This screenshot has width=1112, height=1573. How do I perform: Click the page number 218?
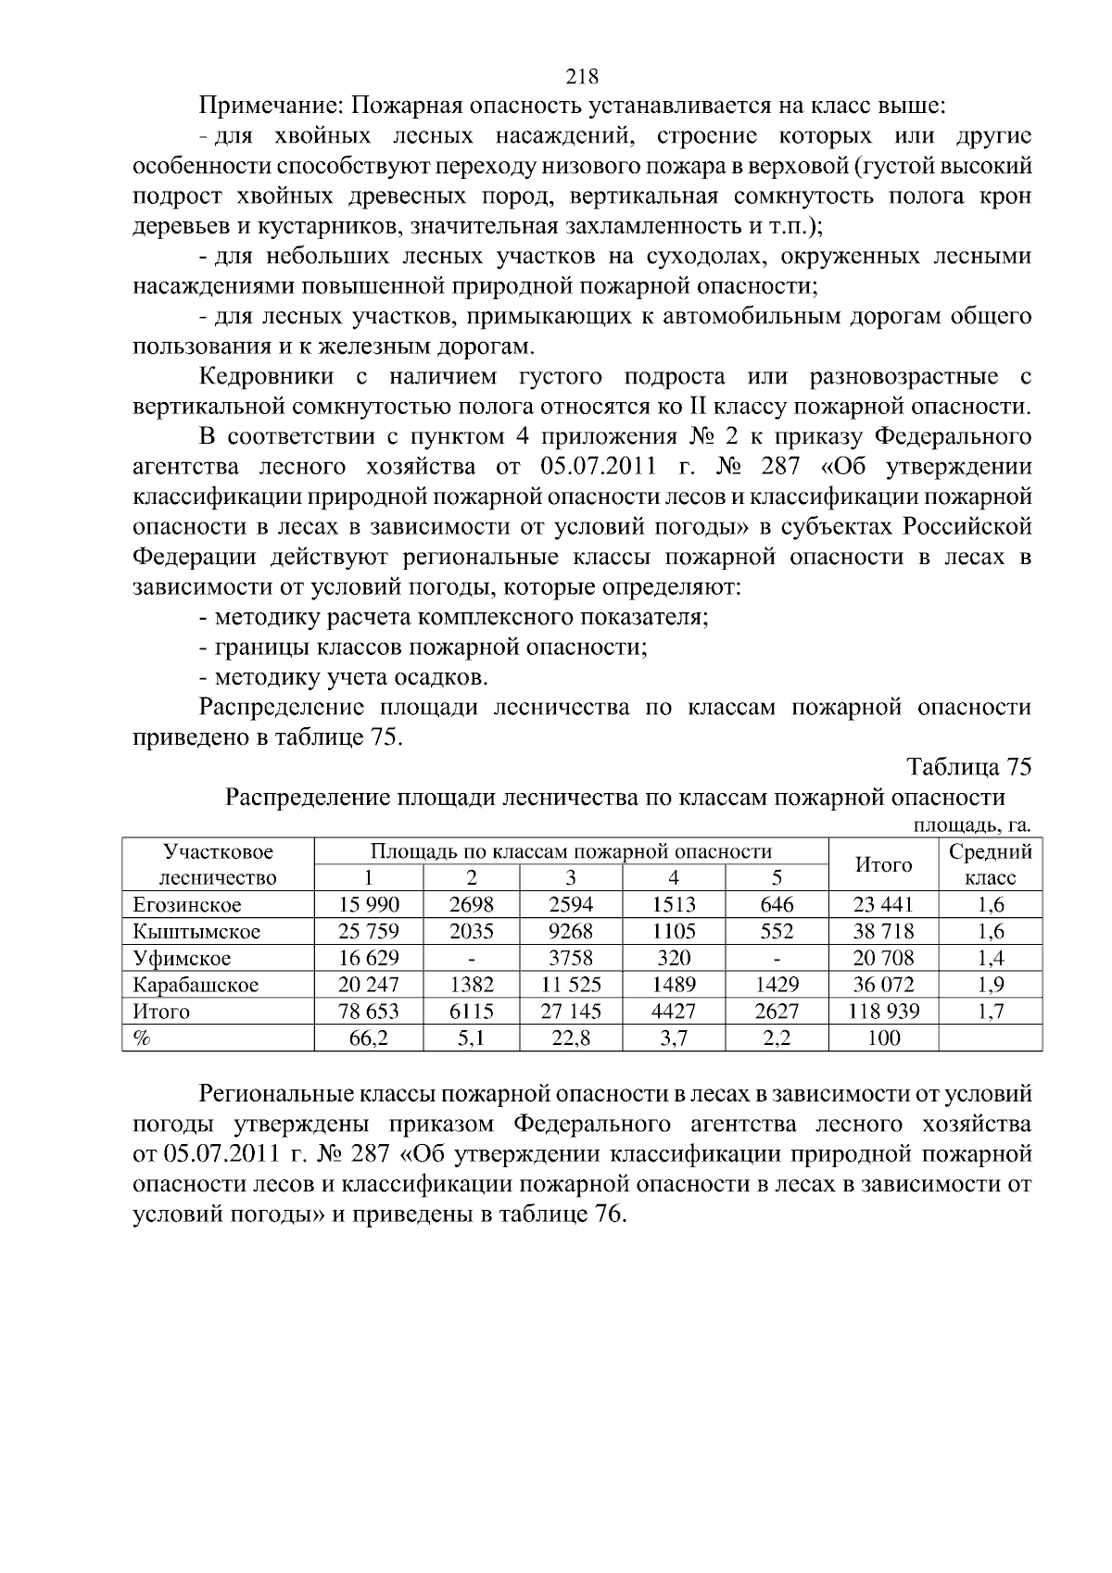[581, 76]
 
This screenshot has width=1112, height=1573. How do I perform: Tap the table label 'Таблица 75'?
[968, 768]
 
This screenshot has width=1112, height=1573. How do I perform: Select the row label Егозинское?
[187, 905]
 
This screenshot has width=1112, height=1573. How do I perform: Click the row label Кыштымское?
[196, 932]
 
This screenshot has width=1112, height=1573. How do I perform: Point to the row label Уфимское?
[182, 958]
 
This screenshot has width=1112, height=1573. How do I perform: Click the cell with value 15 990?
[369, 905]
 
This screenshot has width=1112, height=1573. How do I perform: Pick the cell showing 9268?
[571, 932]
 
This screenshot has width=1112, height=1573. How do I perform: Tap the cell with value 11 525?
[571, 985]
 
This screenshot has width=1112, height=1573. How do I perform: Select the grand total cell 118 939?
[884, 1012]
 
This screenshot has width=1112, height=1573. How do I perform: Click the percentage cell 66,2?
[369, 1038]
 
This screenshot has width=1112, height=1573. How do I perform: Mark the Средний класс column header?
[991, 864]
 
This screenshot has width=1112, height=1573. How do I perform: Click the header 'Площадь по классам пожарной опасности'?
[571, 851]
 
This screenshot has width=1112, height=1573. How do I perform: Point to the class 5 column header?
[777, 878]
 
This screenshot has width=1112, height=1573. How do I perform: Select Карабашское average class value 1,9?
[991, 985]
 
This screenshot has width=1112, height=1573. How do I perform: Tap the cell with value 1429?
[777, 985]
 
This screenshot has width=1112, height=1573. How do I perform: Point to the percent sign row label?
[142, 1038]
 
